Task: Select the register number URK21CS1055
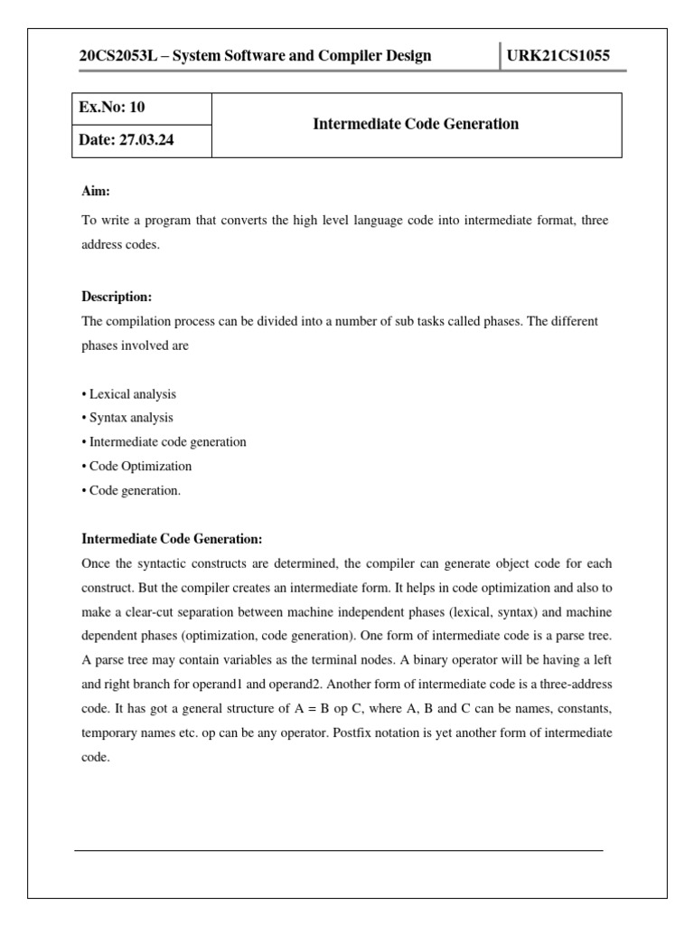coord(558,56)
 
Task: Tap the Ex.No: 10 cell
coord(113,108)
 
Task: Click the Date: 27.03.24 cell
coord(126,141)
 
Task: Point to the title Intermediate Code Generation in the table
coord(416,124)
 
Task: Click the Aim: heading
coord(97,192)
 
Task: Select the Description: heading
coord(117,297)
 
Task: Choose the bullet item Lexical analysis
coord(132,394)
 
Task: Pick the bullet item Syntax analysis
coord(130,418)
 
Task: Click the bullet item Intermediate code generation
coord(167,442)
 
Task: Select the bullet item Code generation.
coord(135,490)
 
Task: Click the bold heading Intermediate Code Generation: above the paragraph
coord(172,539)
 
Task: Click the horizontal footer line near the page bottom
coord(338,850)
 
